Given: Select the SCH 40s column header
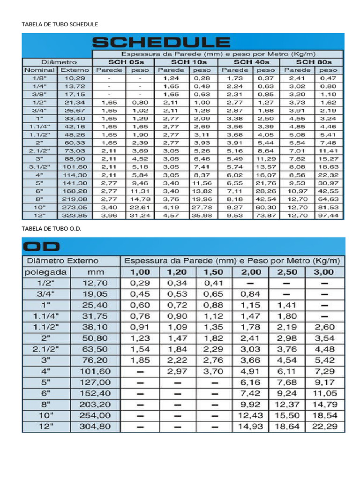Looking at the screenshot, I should coord(251,62).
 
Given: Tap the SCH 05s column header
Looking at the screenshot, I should coord(124,62).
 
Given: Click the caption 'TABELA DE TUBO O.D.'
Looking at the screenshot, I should coord(55,228).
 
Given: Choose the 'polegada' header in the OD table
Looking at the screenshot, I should coord(45,272).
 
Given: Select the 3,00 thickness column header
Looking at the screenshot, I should coord(324,272).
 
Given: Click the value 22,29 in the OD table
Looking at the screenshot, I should coord(324,426).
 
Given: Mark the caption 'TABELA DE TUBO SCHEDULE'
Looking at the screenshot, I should coord(60,24).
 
